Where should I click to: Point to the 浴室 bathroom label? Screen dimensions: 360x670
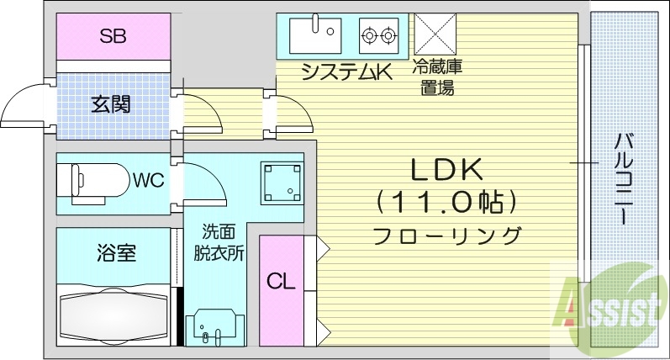113,251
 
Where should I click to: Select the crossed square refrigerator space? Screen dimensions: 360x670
436,34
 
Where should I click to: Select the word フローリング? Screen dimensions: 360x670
446,235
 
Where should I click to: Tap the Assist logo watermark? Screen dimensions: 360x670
608,312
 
